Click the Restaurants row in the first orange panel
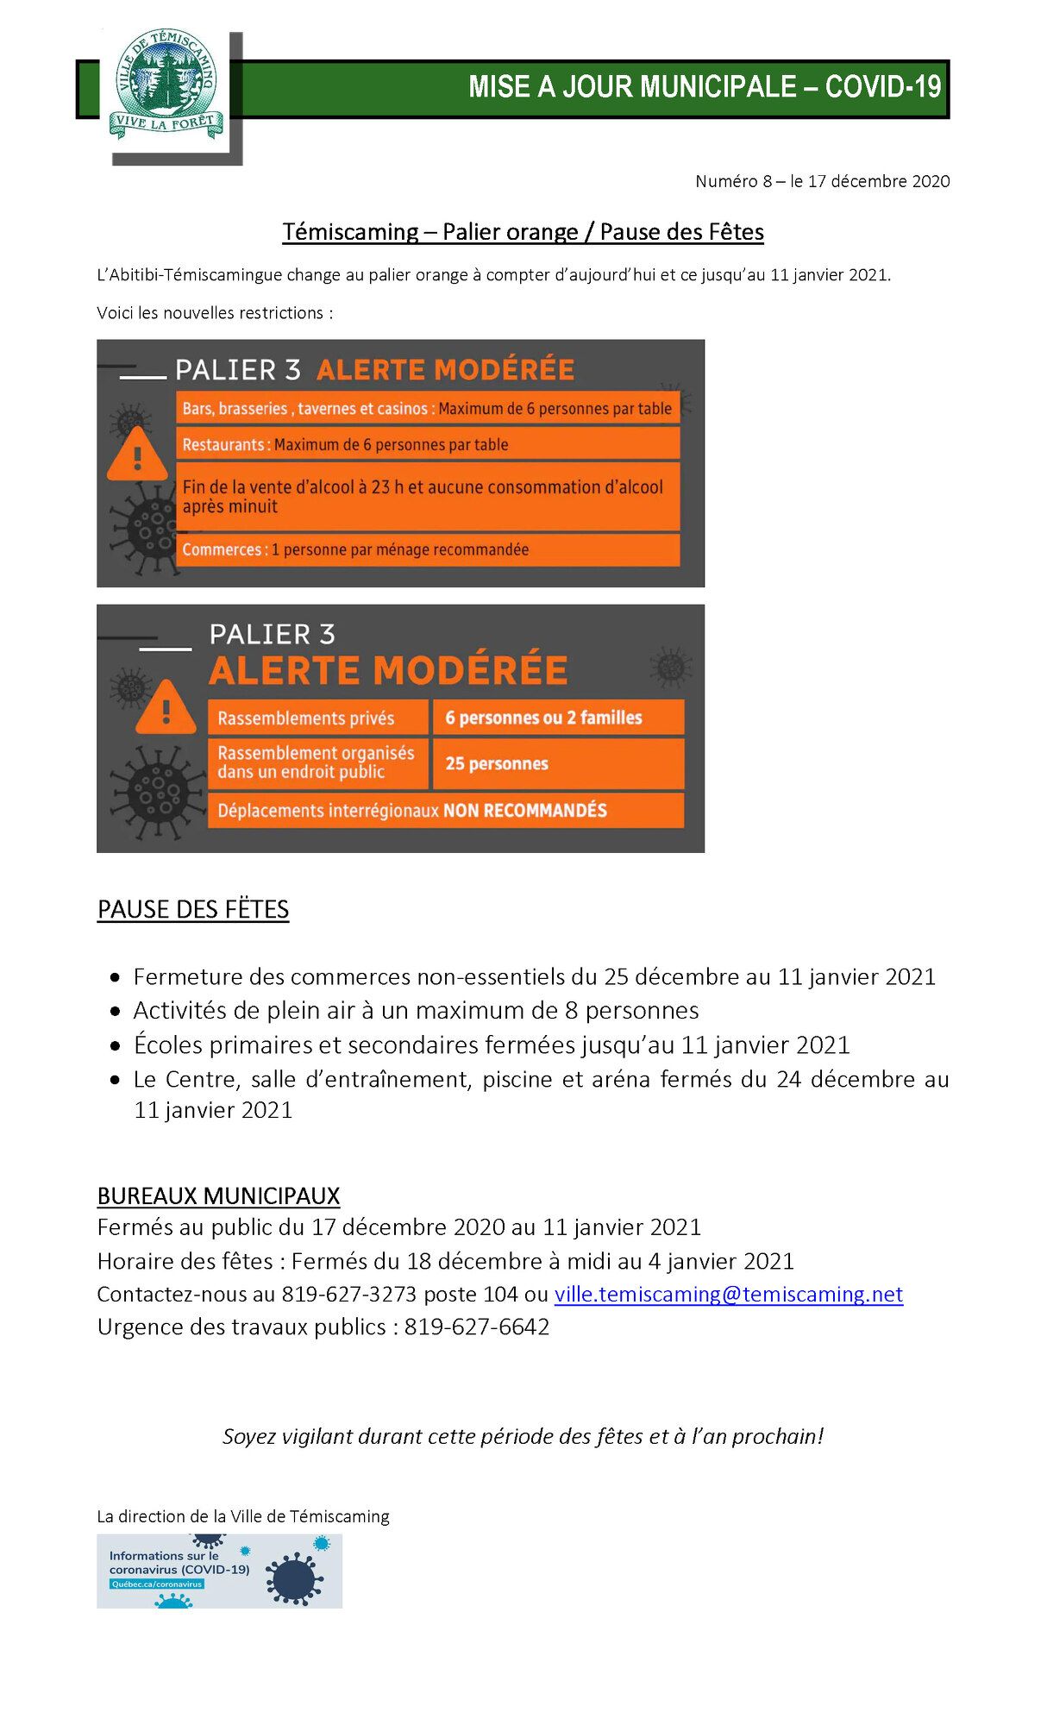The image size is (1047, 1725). pos(428,445)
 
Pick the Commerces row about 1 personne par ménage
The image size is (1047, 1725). pos(428,550)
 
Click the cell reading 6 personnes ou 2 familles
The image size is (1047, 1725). pos(557,718)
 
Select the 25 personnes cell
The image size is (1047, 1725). pos(557,763)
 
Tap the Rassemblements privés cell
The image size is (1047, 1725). pos(317,718)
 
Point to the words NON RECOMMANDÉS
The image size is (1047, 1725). pos(525,811)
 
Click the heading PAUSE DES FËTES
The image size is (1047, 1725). pos(193,910)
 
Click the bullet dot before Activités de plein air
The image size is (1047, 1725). pos(115,1012)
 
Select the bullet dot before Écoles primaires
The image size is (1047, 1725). pos(115,1046)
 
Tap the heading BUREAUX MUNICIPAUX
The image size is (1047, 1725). pos(218,1196)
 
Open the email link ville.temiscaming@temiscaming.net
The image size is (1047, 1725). pos(728,1295)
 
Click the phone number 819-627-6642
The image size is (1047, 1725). pos(476,1327)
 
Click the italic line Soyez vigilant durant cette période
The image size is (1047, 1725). pos(523,1437)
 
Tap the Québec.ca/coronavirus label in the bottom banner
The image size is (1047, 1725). pos(156,1584)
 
